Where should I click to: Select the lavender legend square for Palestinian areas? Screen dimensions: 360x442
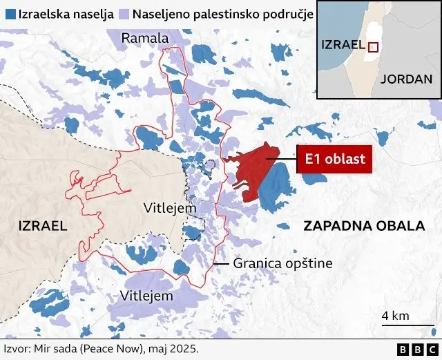124,15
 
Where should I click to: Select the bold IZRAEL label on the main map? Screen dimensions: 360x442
43,225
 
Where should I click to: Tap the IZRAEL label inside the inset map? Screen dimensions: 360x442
343,45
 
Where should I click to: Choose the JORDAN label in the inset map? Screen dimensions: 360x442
405,78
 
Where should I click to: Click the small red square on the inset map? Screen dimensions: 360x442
373,47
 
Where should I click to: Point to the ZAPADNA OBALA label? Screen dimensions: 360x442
363,226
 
